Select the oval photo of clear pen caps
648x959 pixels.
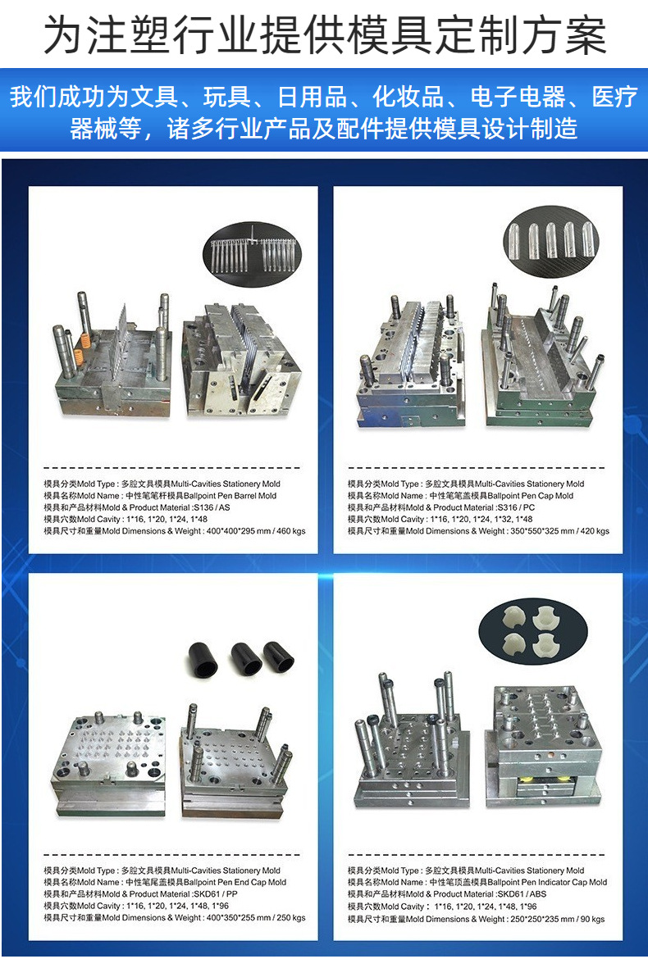[x=550, y=239]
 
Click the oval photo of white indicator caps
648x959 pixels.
[x=533, y=630]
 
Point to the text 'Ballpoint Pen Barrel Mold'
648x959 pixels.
[x=230, y=495]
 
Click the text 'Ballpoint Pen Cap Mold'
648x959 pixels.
[x=531, y=495]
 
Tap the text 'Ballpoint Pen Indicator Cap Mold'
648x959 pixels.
[x=548, y=882]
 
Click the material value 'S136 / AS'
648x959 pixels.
[x=212, y=507]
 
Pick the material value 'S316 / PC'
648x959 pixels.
[x=516, y=507]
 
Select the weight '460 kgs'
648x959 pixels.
[x=291, y=531]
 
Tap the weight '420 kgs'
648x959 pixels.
[x=595, y=531]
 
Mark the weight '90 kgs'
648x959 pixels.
[x=592, y=919]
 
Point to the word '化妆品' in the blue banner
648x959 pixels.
[x=408, y=98]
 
